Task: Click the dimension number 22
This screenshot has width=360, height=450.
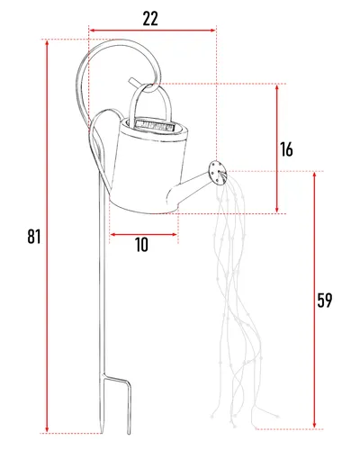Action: click(150, 19)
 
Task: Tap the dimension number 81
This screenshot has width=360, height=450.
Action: click(34, 237)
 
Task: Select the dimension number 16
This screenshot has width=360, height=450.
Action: click(286, 149)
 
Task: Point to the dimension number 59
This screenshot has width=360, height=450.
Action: click(325, 301)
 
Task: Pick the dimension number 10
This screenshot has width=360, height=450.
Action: click(141, 245)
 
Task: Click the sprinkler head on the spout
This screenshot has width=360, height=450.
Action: click(217, 173)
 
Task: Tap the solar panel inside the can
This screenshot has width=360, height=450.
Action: click(155, 124)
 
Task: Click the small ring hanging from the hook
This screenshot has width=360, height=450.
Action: click(150, 87)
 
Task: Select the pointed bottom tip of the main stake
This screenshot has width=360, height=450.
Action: click(102, 431)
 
